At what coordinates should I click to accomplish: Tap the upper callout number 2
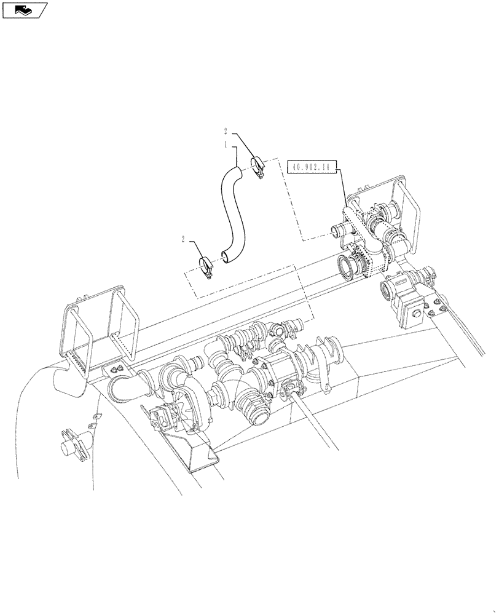coord(226,131)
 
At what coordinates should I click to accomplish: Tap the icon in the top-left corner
coord(25,9)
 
